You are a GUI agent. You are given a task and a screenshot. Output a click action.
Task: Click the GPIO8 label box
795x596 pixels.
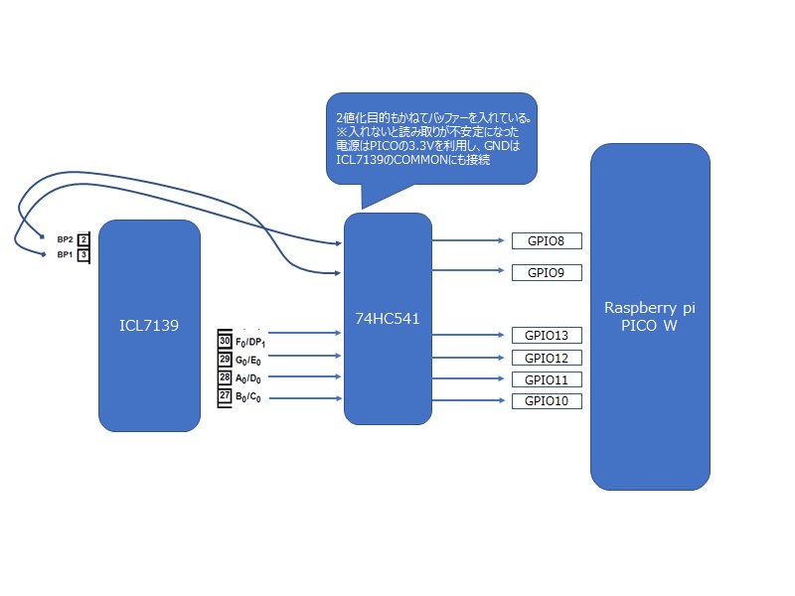point(546,240)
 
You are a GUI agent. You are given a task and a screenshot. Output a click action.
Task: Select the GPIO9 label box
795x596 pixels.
point(546,272)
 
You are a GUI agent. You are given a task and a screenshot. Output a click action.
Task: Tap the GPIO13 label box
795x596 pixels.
point(546,335)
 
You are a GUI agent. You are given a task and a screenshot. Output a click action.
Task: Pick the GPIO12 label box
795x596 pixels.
point(546,358)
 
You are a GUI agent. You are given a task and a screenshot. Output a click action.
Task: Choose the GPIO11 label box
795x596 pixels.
point(546,379)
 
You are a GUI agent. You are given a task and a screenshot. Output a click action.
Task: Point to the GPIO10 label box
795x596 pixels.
point(546,400)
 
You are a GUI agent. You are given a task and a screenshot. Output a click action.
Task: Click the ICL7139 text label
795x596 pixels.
point(149,324)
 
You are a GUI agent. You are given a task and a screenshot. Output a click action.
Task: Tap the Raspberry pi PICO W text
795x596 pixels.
point(650,316)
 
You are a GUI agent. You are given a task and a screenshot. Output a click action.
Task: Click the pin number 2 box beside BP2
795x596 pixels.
point(83,239)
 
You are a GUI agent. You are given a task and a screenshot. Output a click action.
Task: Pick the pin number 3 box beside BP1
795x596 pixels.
point(83,255)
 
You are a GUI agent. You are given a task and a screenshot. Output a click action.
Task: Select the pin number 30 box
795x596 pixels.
point(225,341)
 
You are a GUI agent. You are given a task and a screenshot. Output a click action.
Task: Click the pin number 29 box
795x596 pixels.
point(225,359)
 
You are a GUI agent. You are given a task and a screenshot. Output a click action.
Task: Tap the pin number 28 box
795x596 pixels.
point(225,377)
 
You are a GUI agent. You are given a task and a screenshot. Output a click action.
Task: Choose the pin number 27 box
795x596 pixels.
point(225,396)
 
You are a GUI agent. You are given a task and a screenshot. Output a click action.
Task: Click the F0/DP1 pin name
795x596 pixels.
point(250,342)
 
